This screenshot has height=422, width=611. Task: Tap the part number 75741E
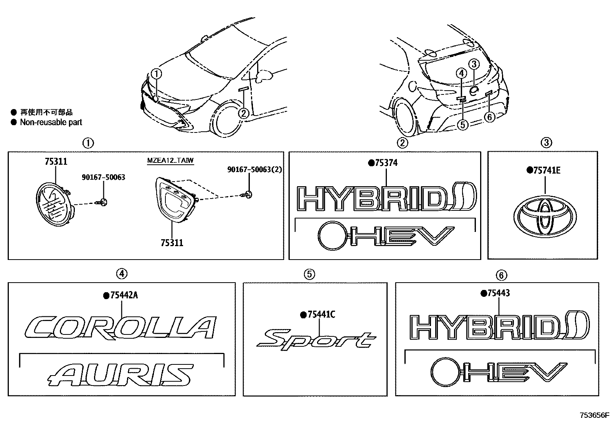pos(546,170)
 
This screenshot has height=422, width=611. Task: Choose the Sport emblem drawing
pos(315,339)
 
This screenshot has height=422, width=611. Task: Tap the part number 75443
pos(498,293)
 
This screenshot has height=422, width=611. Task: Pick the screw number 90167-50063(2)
pos(254,169)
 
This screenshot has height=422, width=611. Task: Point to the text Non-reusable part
pos(51,122)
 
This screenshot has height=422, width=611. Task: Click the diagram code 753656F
pos(594,415)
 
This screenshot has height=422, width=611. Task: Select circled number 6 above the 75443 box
pos(501,275)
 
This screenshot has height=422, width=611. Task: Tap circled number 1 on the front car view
pos(156,73)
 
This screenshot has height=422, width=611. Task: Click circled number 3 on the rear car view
pos(474,64)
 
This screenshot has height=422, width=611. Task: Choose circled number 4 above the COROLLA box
pos(121,273)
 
